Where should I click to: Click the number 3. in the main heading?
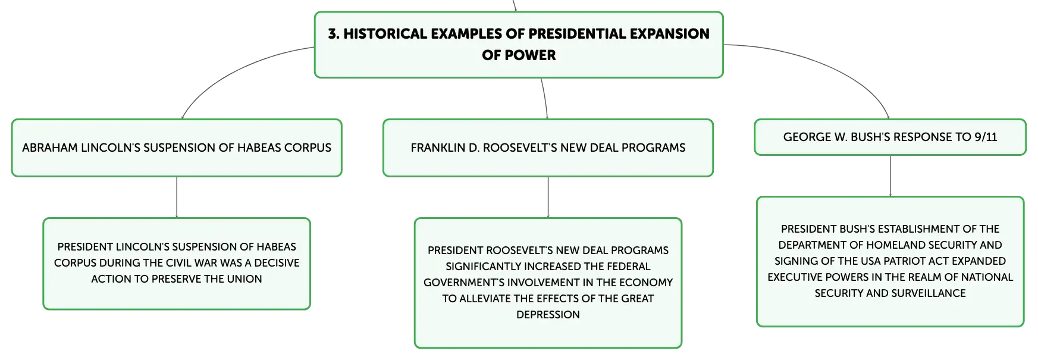(334, 34)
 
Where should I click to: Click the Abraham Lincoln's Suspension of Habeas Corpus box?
(177, 148)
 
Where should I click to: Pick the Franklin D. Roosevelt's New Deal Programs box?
(548, 148)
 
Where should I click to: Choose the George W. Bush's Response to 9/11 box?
(890, 137)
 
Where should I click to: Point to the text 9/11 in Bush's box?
(986, 137)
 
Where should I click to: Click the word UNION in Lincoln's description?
(244, 279)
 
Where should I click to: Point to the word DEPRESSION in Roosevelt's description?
(548, 315)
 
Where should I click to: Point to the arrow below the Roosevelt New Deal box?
(548, 198)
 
